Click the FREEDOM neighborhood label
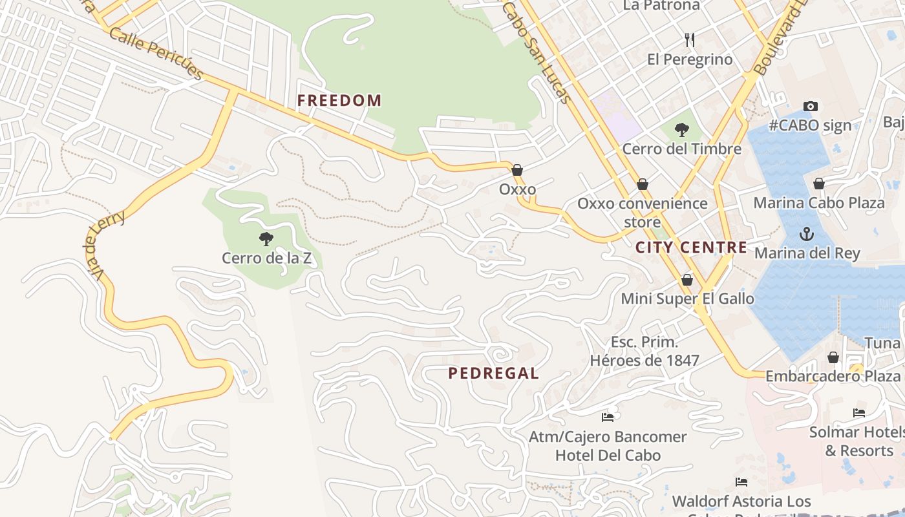(x=339, y=100)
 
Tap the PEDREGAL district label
(x=494, y=373)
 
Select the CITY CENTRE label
(x=691, y=248)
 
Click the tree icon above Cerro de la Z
(x=266, y=239)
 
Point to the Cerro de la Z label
(x=266, y=258)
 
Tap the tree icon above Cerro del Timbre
(x=681, y=130)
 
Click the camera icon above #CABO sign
(x=810, y=106)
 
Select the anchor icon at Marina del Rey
(x=807, y=233)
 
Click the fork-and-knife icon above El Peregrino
(x=690, y=40)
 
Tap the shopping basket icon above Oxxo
(x=517, y=170)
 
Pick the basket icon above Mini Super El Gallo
(x=687, y=280)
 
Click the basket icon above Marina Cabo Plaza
(x=819, y=184)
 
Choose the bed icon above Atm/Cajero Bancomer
(x=608, y=417)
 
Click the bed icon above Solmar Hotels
(x=859, y=412)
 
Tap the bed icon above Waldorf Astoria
(x=741, y=481)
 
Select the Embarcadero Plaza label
(x=833, y=376)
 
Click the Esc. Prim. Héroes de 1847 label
(x=644, y=351)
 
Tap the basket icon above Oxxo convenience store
(x=643, y=184)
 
